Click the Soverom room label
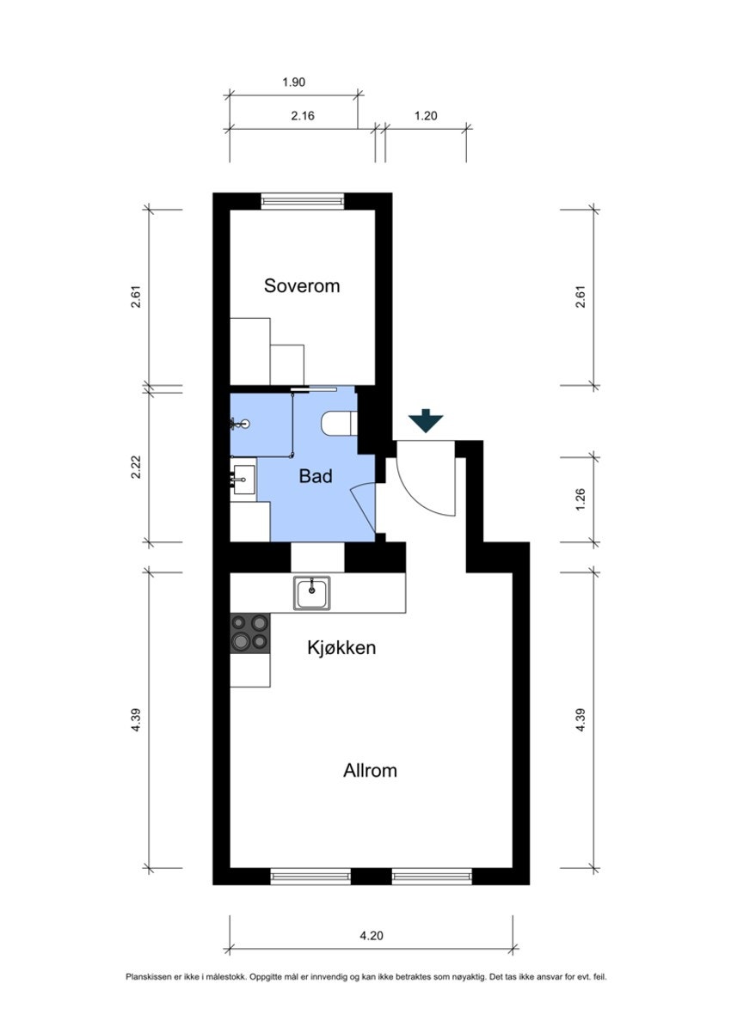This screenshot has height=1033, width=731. (302, 286)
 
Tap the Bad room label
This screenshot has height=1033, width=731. (316, 476)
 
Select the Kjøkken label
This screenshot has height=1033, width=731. (341, 647)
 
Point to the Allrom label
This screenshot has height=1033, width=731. (370, 770)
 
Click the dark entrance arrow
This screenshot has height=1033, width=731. (426, 420)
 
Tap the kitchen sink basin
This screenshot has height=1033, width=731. (312, 593)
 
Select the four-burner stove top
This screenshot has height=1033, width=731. (250, 633)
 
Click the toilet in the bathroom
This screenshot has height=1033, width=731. (338, 424)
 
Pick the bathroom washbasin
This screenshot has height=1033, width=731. (243, 480)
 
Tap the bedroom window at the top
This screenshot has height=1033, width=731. (303, 200)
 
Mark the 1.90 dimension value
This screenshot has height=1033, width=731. (294, 83)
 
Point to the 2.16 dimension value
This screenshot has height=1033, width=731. (303, 115)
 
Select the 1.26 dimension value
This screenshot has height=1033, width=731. (580, 499)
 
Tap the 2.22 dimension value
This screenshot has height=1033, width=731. (136, 468)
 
